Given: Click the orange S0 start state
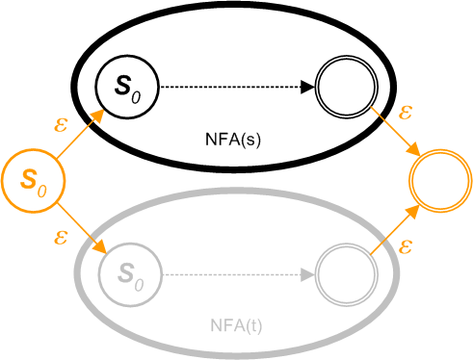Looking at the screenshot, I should click(33, 179).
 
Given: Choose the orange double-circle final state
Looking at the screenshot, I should click(439, 179).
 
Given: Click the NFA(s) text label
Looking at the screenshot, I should click(236, 138).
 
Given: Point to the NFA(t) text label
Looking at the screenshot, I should click(236, 325).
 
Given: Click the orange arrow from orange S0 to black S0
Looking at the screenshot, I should click(78, 134).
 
